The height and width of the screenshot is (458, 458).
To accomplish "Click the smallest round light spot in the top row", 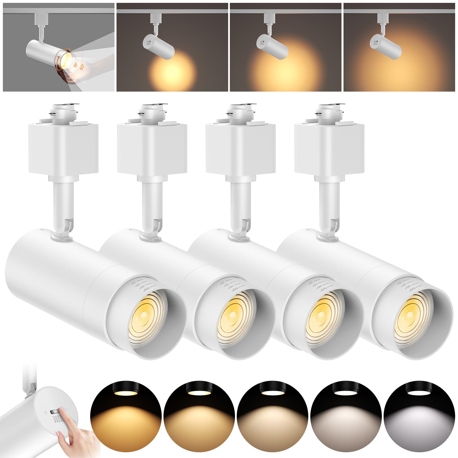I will click(172, 70).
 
